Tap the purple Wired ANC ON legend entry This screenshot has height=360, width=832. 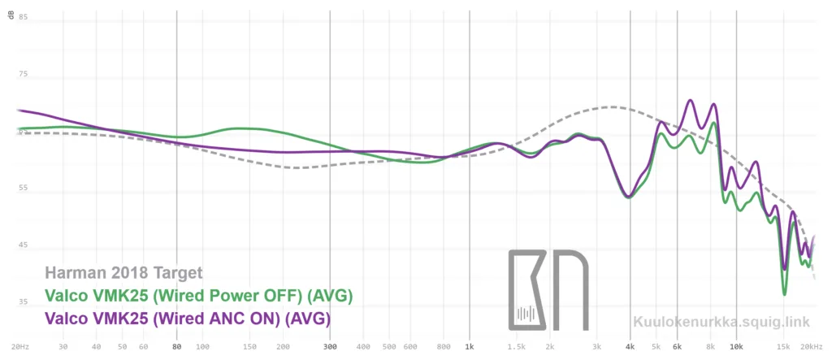coord(188,318)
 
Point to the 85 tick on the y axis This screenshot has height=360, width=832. coord(24,17)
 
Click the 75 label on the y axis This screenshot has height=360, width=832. coord(24,74)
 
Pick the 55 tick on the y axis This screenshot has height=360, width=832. coord(24,189)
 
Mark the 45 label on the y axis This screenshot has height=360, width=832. coord(24,245)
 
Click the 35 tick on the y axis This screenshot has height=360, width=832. coord(24,302)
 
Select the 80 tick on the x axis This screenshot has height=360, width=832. coord(176,345)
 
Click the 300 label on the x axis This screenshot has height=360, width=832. coord(329,345)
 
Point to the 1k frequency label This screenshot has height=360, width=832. coord(469,345)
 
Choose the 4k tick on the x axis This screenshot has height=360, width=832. coord(630,345)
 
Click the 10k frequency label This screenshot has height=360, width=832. coord(736,345)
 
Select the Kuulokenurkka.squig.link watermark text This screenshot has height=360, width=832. coord(721,321)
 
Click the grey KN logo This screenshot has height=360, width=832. coord(548,289)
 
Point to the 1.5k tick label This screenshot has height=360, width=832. coord(516,345)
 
